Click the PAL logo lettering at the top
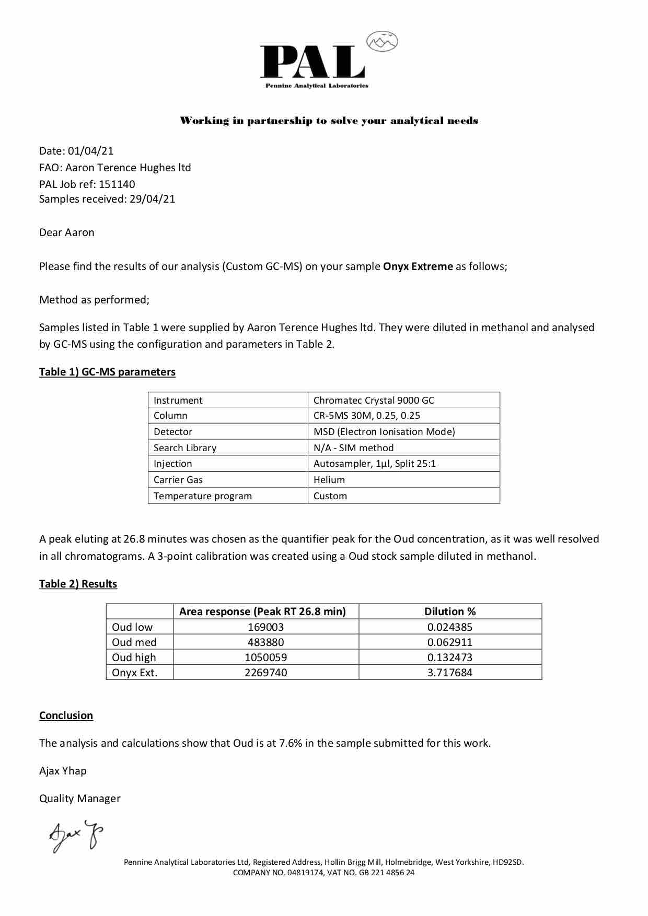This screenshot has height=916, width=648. tap(313, 62)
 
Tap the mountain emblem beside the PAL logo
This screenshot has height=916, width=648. tap(382, 41)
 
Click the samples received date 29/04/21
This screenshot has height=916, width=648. tap(152, 198)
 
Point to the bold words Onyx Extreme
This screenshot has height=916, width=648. tap(418, 266)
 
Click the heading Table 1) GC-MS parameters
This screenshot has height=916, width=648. tap(107, 372)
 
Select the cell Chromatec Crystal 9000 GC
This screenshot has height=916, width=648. tap(374, 400)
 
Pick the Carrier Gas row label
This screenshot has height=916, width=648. tap(178, 479)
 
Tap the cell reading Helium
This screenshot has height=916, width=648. tap(329, 479)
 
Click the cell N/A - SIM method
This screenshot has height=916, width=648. tap(354, 448)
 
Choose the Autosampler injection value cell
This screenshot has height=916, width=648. tap(374, 463)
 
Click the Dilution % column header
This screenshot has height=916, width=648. tap(450, 611)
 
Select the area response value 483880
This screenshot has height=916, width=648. tap(265, 642)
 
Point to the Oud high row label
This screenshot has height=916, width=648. tap(134, 657)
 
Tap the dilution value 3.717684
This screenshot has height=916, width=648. tap(450, 672)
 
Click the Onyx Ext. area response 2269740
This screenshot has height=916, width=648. tap(265, 672)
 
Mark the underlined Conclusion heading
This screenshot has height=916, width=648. tap(66, 715)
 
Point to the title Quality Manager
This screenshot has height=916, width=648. tap(80, 798)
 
